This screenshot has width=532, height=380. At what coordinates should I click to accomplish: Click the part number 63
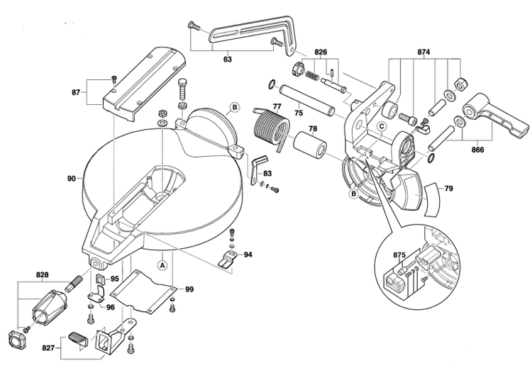[227, 59]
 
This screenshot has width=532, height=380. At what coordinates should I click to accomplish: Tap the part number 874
[423, 52]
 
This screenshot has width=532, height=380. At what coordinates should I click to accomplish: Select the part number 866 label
[477, 150]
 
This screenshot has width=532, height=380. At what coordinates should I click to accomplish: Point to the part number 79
[448, 188]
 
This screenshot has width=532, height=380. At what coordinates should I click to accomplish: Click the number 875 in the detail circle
[399, 255]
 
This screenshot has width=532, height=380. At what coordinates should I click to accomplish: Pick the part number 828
[42, 275]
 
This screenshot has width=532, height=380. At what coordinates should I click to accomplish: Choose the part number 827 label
[48, 348]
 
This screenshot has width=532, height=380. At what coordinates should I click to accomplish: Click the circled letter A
[162, 264]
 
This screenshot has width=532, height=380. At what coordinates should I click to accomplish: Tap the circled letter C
[382, 126]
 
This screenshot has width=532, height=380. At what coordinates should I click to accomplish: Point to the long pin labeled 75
[307, 101]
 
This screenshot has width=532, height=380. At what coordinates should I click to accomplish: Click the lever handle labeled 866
[495, 115]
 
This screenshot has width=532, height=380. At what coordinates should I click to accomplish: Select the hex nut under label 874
[460, 84]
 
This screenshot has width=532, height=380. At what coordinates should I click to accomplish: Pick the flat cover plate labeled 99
[143, 291]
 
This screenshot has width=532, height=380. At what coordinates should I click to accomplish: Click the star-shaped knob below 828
[15, 338]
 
